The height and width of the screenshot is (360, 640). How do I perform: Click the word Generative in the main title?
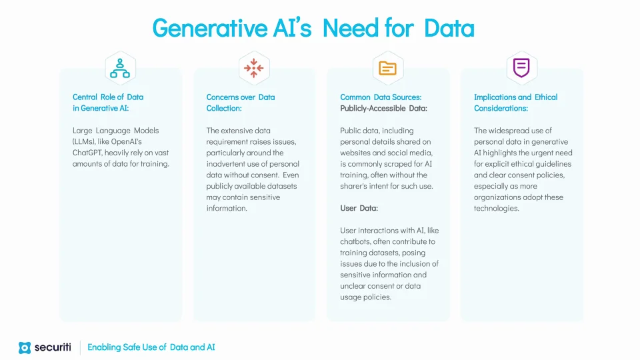coord(210,28)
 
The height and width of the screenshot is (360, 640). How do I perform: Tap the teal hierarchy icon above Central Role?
coord(120,68)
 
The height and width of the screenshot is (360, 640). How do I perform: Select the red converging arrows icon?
coord(254,68)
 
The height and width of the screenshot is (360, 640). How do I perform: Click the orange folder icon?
coord(387,68)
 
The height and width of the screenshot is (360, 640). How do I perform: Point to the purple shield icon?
coord(521,68)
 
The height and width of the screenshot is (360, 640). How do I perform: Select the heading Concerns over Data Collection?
coord(241,103)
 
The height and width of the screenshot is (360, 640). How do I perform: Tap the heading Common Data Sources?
coord(381,97)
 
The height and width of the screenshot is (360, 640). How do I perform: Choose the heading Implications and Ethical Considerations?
coord(515,103)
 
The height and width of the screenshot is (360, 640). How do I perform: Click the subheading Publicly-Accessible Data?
coord(384,108)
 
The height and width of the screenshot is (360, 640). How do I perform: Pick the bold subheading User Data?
coord(359,208)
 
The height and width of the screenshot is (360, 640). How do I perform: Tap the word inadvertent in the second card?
coord(226,164)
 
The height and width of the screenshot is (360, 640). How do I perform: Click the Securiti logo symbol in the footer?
coord(25,348)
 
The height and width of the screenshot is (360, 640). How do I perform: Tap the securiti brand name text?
coord(53,347)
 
